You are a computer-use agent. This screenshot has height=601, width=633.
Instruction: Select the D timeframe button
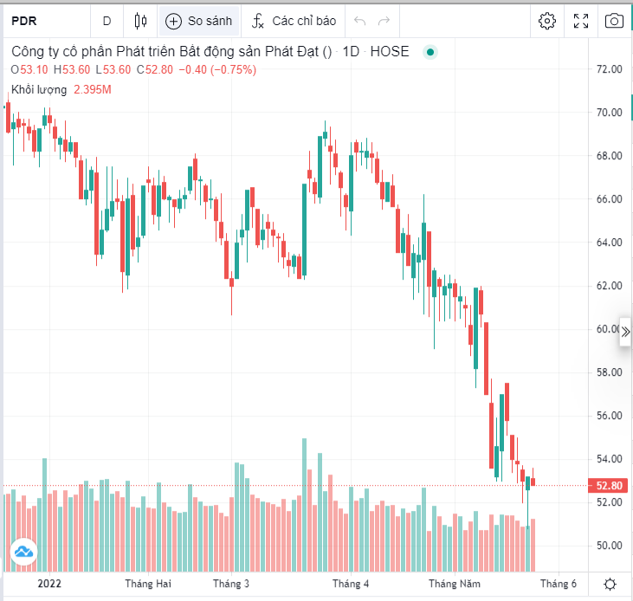(107, 21)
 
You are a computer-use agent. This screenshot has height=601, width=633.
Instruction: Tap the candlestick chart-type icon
(141, 21)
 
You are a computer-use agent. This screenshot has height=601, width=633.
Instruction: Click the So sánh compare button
(199, 21)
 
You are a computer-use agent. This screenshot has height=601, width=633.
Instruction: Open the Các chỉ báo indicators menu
(294, 21)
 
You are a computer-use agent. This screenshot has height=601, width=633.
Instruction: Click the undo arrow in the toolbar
(359, 21)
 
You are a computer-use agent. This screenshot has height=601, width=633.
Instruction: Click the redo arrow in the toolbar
(384, 21)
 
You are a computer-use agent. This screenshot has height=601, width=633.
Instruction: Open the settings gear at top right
(546, 21)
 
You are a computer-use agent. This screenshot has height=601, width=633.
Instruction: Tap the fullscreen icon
(581, 21)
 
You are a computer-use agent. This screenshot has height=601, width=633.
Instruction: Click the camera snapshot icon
(614, 21)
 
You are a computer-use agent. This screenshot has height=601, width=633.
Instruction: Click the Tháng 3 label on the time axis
(231, 584)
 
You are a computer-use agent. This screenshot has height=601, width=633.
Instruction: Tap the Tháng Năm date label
(455, 584)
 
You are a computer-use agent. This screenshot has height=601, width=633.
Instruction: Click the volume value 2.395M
(93, 89)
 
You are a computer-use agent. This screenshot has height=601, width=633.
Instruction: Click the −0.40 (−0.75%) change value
(217, 70)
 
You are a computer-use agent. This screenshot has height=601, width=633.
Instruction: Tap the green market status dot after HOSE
(430, 52)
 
